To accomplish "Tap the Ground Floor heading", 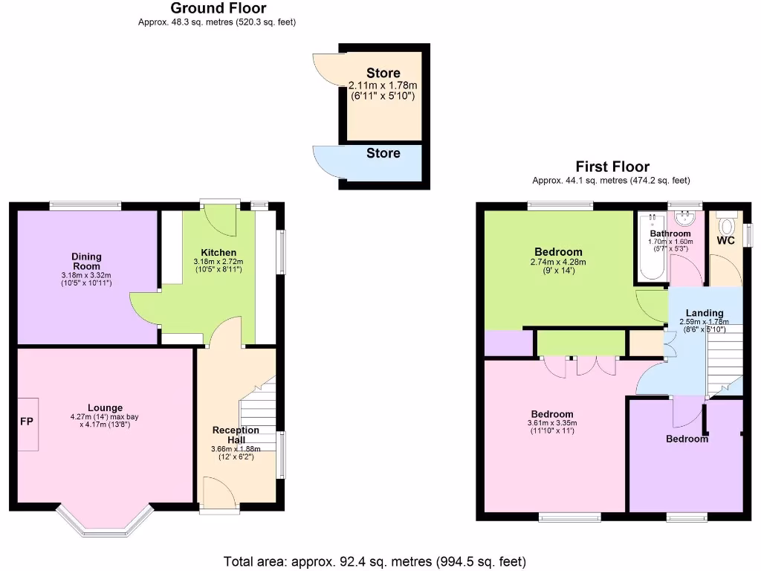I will pos(218,9).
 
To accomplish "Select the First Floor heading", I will pos(612,167).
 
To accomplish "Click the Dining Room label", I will pos(87,261).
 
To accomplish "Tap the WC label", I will pos(725,241).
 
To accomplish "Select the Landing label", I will pos(704,313).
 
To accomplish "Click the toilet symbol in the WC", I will pos(727,225).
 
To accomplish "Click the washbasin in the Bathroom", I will pos(684,219).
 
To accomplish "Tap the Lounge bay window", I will pos(104,523).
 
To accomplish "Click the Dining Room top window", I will pos(85,205).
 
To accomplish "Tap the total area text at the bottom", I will pos(375,561).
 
